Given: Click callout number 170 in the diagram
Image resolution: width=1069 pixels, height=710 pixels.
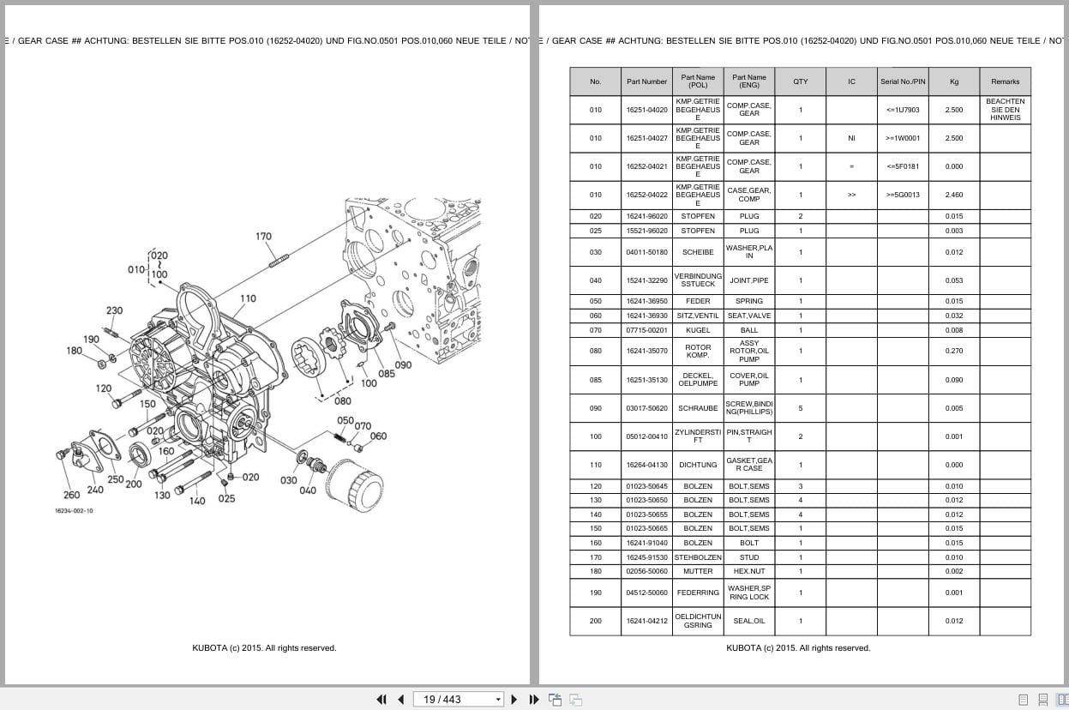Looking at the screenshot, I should point(263,237).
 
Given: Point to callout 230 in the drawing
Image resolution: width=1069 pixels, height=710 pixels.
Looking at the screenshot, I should point(114,310).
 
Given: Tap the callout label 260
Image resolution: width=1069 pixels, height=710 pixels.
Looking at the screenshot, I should point(72,495).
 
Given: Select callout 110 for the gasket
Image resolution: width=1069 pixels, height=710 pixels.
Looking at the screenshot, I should point(248,299).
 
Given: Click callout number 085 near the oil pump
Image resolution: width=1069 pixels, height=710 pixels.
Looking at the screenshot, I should point(387,374).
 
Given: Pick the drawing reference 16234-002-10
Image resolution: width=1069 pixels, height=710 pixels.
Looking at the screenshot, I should point(75,511).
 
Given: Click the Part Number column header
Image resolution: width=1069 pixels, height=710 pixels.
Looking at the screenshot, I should point(646,81).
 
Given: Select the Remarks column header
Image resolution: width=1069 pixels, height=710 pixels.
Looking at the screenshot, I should point(1005,81).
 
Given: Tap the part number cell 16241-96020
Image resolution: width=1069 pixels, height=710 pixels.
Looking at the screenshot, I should point(646,216).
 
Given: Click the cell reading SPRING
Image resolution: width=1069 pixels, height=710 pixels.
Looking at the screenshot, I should point(748,301).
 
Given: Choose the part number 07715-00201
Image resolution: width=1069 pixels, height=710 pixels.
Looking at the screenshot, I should point(646,330).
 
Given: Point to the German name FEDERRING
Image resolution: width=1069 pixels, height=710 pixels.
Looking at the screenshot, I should point(698,593).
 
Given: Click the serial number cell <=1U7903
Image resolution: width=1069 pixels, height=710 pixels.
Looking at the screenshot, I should point(903,110).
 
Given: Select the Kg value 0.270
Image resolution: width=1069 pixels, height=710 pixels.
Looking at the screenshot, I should point(953,351).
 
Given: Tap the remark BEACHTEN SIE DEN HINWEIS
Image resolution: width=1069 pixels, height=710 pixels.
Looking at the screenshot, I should point(1005,110).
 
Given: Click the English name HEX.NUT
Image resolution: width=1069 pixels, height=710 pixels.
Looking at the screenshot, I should point(748,571).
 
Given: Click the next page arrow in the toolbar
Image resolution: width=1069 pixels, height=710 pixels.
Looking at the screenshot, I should point(514,700).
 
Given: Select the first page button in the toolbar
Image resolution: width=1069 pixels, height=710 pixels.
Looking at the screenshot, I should point(381,700).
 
